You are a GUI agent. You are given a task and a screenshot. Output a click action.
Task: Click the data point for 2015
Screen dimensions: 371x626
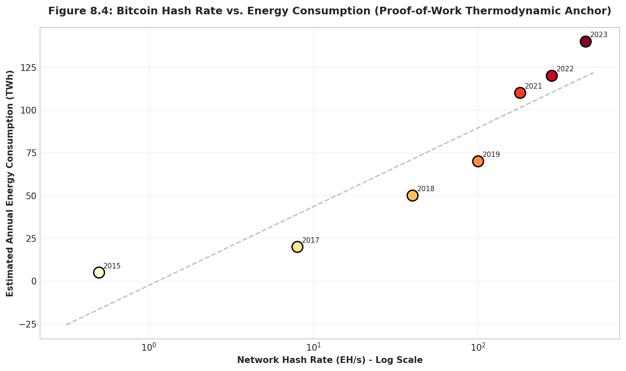tap(99, 273)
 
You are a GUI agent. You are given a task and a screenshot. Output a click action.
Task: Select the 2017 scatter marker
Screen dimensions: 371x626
tap(297, 247)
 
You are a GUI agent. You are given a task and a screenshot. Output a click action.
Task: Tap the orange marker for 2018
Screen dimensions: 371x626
tap(413, 195)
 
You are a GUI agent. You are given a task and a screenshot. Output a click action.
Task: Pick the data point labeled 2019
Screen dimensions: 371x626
tap(478, 161)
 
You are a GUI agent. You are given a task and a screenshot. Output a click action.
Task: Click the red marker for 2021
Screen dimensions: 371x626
tap(520, 93)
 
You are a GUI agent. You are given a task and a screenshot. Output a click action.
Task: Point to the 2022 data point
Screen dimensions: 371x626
tap(552, 76)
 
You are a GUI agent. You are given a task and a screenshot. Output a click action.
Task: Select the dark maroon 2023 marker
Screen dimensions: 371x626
tap(586, 41)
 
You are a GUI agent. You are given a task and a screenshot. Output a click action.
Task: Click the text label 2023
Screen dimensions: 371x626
tap(599, 35)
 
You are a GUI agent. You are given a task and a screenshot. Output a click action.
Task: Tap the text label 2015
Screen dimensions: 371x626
tap(112, 266)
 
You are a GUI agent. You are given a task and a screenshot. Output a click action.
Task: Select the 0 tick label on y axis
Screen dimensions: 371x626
tap(34, 281)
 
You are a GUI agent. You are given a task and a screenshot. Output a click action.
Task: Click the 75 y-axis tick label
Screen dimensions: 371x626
tap(31, 153)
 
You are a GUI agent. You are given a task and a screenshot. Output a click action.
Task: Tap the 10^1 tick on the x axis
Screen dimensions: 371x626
tap(313, 347)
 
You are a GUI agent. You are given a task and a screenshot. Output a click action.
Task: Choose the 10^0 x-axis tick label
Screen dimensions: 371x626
tap(148, 347)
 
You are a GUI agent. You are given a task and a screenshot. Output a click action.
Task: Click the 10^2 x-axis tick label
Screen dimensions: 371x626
tap(478, 347)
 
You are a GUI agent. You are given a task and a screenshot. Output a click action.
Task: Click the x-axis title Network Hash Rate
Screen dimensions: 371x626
tap(329, 360)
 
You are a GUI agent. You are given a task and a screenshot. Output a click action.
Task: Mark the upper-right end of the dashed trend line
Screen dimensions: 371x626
tap(594, 72)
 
